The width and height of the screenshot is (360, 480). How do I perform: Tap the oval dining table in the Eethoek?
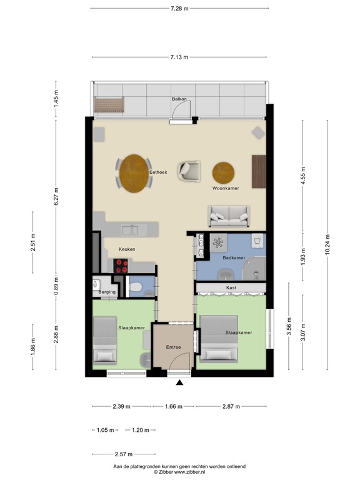(x=134, y=174)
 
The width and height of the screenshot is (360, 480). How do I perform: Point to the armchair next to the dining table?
(x=189, y=170)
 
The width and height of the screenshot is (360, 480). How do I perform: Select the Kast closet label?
(x=231, y=288)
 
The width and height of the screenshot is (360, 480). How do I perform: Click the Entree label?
(x=173, y=347)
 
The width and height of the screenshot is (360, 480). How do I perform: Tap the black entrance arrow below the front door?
(x=180, y=382)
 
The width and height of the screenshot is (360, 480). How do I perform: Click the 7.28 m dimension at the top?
(x=180, y=8)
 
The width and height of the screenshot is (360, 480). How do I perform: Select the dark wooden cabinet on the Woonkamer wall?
(x=259, y=171)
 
